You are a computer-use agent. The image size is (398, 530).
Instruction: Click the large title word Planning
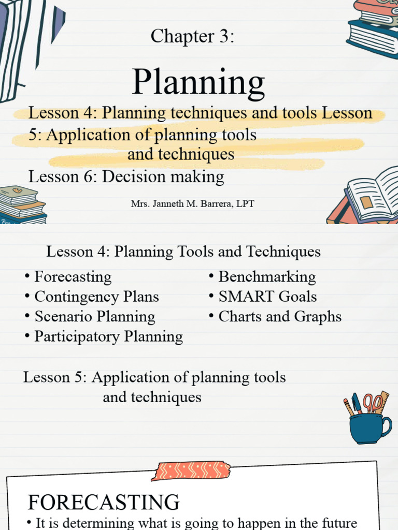(198, 83)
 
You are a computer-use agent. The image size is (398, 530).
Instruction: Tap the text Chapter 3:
(193, 36)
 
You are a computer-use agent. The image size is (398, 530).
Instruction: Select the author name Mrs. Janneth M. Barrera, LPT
(192, 203)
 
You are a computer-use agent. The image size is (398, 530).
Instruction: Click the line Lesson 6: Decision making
(126, 177)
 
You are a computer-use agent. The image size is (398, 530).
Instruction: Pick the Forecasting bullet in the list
(73, 277)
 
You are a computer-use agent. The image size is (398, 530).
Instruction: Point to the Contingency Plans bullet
(96, 297)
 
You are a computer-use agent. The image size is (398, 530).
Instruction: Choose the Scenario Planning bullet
(94, 316)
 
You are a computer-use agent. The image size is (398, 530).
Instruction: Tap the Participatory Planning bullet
(108, 336)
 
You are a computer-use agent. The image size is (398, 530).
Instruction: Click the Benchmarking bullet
(267, 277)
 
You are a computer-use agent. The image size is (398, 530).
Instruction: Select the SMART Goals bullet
(267, 297)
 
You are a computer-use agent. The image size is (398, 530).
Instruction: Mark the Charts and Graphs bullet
(280, 316)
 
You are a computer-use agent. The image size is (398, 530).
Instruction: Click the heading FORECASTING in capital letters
(104, 502)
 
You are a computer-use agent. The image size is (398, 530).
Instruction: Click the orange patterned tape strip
(191, 470)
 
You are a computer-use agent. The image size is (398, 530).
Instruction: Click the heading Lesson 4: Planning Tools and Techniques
(183, 252)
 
